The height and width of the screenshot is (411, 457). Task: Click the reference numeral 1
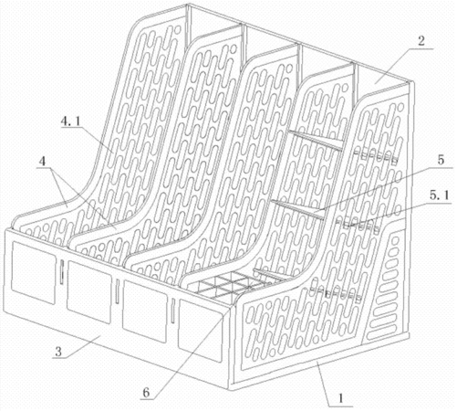[341, 398]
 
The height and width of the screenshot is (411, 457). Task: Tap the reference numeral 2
[421, 41]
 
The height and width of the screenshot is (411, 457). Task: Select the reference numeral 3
[58, 352]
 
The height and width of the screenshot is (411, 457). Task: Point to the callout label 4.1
[70, 121]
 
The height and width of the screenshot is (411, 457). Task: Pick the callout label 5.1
[439, 196]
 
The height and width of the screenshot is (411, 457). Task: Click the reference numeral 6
[146, 393]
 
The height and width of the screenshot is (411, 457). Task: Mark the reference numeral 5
[441, 160]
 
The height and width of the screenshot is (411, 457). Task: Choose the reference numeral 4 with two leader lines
[43, 161]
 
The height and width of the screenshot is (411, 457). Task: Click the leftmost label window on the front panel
[34, 273]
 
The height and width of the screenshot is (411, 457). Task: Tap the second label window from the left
[89, 291]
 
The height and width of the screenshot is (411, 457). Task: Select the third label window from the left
[145, 311]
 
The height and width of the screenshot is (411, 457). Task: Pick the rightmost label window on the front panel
[201, 331]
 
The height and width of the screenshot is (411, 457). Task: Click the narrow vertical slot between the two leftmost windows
[62, 272]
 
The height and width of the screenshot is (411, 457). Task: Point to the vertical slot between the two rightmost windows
[172, 311]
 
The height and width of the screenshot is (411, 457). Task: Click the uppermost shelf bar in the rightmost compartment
[317, 141]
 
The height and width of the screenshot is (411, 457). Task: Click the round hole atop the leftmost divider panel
[178, 29]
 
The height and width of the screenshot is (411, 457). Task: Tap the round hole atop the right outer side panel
[400, 107]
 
